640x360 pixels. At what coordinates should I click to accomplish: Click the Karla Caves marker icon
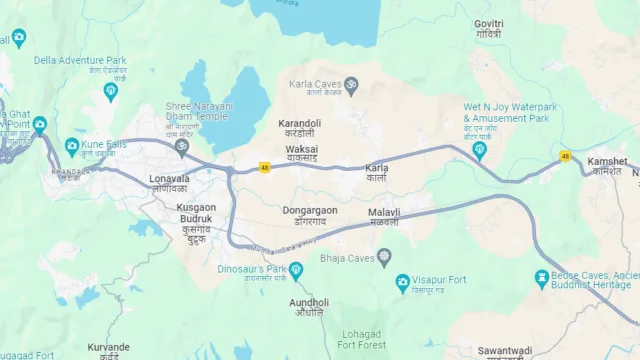[x=350, y=85]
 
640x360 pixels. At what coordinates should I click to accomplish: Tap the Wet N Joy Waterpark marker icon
[x=479, y=151]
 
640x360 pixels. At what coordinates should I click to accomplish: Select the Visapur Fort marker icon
[x=403, y=282]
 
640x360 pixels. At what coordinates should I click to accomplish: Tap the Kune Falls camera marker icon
[x=72, y=146]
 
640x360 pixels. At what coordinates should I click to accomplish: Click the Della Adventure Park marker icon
[x=110, y=91]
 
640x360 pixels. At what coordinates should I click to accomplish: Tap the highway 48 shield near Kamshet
[x=566, y=156]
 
